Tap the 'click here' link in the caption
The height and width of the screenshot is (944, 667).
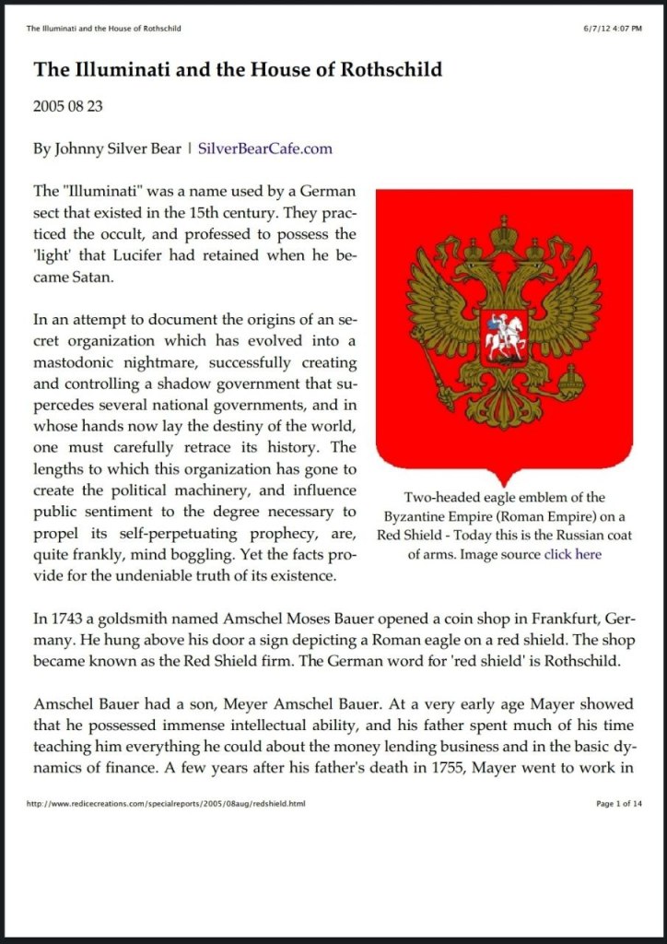click(572, 554)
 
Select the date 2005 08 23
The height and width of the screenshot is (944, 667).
click(68, 106)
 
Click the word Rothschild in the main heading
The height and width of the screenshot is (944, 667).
click(386, 69)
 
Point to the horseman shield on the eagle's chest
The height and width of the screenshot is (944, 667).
click(503, 336)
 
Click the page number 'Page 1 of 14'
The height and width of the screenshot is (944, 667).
click(618, 804)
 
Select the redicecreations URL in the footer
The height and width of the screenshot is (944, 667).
click(166, 804)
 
